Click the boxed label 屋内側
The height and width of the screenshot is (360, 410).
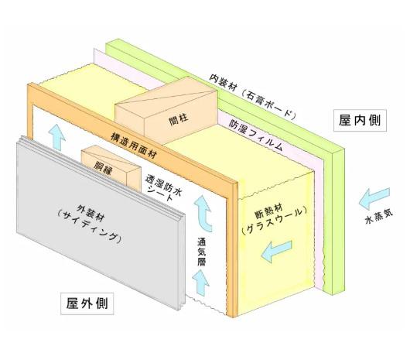360,120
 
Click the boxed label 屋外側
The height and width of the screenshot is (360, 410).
87,303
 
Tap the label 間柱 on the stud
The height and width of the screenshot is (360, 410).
179,119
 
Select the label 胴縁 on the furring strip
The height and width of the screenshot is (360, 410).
103,168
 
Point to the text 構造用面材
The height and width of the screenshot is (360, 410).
134,146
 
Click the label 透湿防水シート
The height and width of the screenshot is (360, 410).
164,189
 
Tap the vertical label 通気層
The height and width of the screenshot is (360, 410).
201,252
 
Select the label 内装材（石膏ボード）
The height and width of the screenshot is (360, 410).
253,97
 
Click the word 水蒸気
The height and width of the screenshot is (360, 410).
378,218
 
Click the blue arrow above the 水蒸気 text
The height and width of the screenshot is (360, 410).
374,197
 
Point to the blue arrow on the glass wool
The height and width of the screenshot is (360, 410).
276,251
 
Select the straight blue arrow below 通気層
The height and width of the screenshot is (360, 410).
200,283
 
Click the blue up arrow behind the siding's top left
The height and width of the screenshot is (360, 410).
56,136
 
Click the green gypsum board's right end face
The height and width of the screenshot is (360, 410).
338,221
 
